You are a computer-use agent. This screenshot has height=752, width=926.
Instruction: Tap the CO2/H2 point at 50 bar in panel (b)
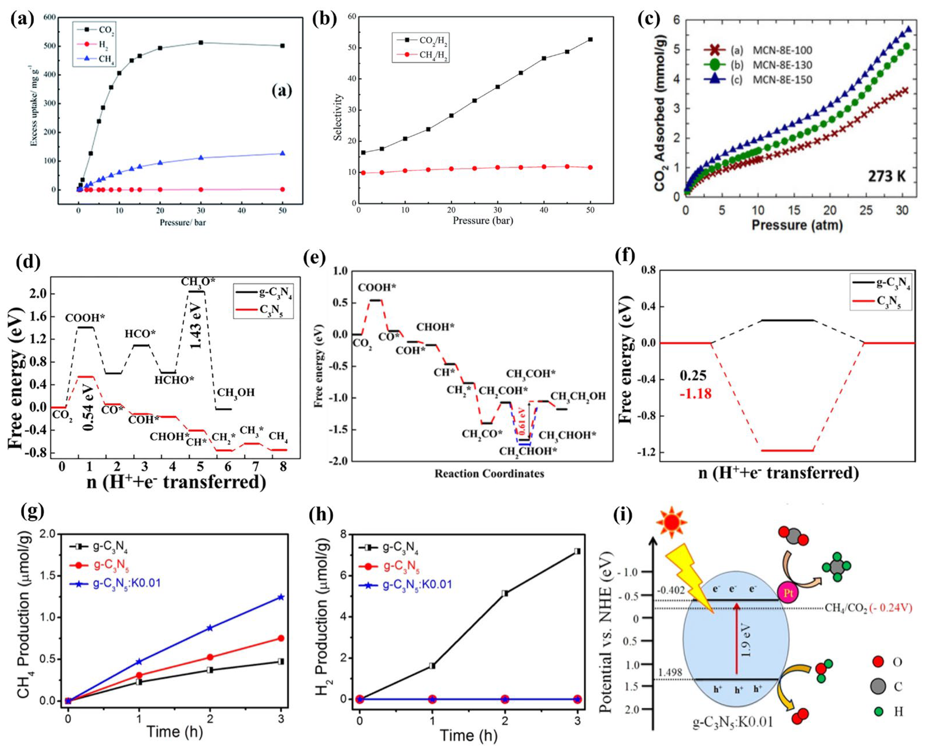click(590, 40)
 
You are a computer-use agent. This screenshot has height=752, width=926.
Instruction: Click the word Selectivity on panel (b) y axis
click(339, 117)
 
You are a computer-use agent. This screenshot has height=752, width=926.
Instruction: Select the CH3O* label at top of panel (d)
click(198, 282)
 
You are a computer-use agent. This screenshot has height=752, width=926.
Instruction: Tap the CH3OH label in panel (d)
click(236, 392)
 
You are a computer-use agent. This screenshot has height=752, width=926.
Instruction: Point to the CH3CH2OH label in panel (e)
click(578, 396)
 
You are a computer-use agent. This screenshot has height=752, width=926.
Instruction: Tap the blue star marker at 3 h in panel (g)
click(281, 597)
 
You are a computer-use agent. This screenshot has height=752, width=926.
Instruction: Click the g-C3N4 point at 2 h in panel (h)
click(505, 593)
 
